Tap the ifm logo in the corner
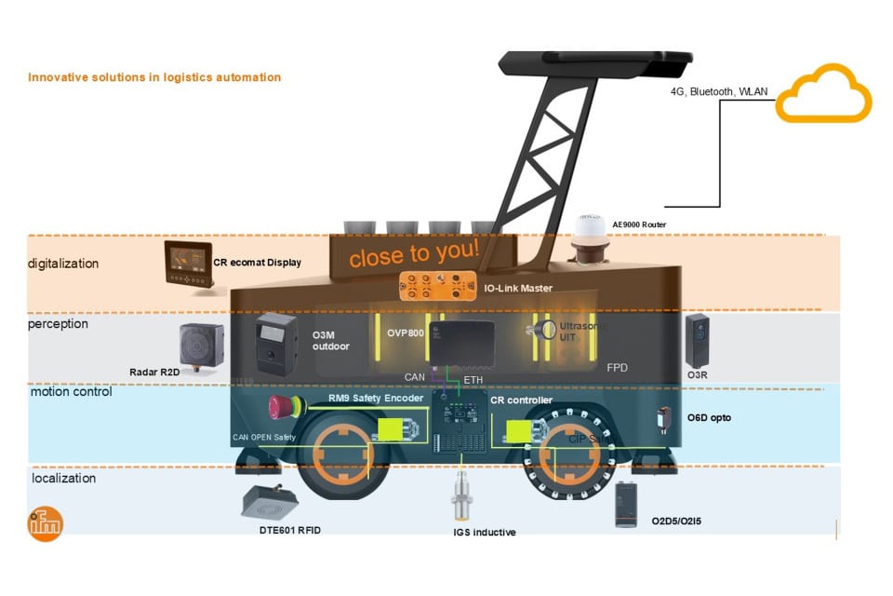click(x=45, y=523)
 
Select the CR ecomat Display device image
click(x=188, y=265)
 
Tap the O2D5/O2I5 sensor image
click(x=626, y=505)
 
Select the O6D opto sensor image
click(x=666, y=419)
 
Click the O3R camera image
click(x=697, y=340)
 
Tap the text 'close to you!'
click(x=414, y=251)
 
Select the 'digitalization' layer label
click(x=63, y=264)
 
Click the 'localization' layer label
click(x=64, y=478)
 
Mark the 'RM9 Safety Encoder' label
click(x=376, y=399)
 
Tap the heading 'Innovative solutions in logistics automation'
click(x=154, y=77)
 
